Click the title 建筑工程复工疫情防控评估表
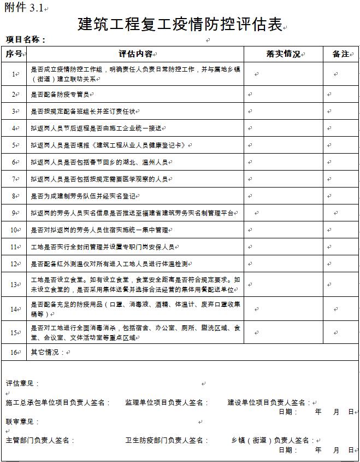(180, 24)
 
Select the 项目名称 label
(25, 39)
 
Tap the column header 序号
(14, 54)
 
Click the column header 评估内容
(136, 54)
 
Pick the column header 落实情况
(284, 54)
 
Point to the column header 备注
(340, 54)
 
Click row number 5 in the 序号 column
(14, 145)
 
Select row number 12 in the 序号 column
(14, 264)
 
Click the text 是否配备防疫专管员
(60, 95)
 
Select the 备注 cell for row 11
(340, 247)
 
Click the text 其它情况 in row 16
(45, 353)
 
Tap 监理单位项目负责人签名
(167, 402)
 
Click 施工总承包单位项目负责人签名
(58, 402)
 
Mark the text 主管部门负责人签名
(39, 440)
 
